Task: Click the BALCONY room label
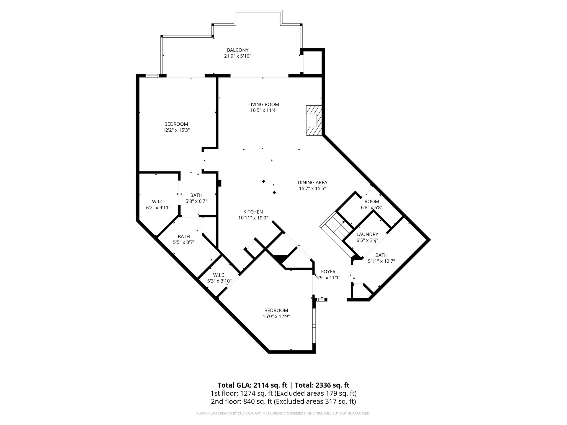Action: pos(238,50)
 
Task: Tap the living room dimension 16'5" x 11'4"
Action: pos(264,110)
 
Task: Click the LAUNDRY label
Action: pos(367,234)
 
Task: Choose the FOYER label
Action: pos(328,272)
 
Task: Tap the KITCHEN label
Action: pos(253,212)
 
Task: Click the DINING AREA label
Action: pos(312,183)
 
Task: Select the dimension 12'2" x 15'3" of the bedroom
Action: pos(176,130)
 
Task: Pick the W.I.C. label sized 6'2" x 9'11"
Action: pos(158,202)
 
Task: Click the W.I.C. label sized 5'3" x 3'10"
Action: pos(219,275)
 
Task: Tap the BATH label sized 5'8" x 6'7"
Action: pos(196,195)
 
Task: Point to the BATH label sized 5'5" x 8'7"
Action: pos(184,236)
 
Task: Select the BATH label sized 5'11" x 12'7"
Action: pos(381,255)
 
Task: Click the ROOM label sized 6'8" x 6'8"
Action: pos(372,201)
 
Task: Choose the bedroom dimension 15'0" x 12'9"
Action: pos(276,316)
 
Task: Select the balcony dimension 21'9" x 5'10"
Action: pos(238,56)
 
